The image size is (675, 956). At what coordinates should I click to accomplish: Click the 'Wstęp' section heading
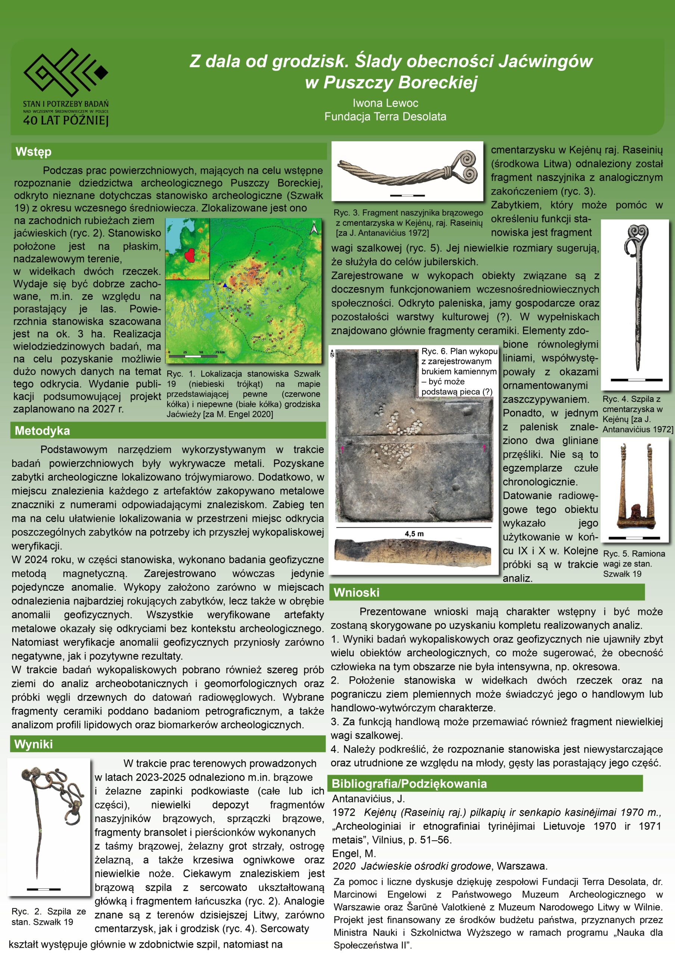(x=33, y=152)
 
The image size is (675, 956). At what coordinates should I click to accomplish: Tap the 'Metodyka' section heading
(x=42, y=431)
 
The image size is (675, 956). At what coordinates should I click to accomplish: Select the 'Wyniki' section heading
(x=33, y=744)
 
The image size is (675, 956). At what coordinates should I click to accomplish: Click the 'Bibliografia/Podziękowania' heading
(x=409, y=783)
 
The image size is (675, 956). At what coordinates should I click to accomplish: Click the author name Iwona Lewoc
(x=385, y=103)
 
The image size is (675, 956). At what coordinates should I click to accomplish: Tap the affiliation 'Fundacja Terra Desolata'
(x=385, y=117)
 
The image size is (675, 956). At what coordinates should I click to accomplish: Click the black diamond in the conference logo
(x=101, y=72)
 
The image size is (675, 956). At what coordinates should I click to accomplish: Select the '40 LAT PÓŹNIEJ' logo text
(x=66, y=121)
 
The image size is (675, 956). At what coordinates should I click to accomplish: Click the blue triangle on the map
(x=225, y=285)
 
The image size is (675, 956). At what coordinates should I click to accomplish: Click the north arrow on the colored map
(x=315, y=228)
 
